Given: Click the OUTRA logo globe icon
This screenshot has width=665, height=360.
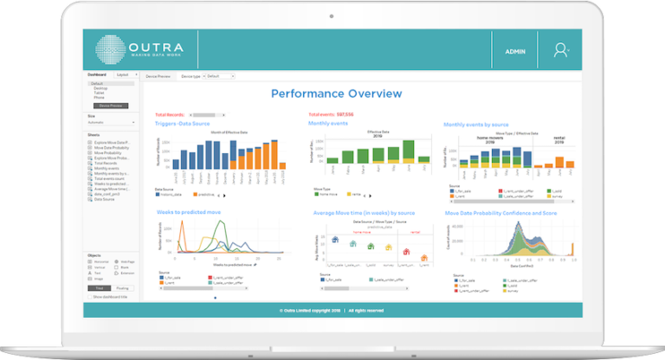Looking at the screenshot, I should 113,50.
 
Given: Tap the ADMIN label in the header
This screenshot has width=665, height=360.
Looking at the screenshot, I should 516,51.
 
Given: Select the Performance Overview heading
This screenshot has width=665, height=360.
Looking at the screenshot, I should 336,93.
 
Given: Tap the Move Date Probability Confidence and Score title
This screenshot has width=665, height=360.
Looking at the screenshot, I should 500,212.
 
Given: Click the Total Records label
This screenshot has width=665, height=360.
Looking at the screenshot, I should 171,114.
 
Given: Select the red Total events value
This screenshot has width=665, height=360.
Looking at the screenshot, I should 344,114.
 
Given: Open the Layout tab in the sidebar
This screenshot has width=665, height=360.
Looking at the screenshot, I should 123,75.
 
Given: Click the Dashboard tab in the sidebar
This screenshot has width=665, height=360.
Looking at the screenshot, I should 97,75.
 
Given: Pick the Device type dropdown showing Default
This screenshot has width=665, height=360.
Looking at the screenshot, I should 220,76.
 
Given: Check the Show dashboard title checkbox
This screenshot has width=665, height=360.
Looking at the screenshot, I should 90,296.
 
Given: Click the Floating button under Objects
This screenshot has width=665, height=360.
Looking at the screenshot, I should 122,287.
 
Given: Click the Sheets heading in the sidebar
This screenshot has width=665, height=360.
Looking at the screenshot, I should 94,134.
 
